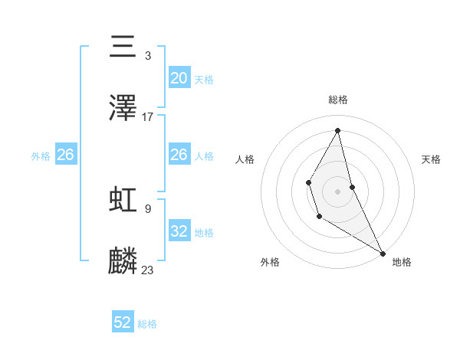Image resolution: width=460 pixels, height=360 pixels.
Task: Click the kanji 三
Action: point(123,47)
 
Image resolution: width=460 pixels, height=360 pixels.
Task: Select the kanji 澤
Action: point(123,108)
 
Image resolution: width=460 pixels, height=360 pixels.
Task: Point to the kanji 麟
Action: point(123,260)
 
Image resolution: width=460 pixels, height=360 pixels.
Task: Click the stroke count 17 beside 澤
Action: point(148,117)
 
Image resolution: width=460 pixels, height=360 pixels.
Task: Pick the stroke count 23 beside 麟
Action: point(148,270)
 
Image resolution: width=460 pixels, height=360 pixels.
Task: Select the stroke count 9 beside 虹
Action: point(148,208)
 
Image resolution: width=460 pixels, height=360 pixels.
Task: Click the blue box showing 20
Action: point(179,78)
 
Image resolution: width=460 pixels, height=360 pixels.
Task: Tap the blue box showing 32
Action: point(179,231)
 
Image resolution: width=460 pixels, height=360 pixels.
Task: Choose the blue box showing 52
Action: point(123,322)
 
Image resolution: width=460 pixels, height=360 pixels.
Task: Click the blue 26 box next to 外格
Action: point(65,155)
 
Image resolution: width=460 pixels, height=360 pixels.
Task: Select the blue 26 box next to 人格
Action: point(179,155)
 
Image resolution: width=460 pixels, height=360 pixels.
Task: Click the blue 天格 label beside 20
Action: point(204,79)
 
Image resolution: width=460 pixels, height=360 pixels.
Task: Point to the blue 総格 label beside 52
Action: point(147,324)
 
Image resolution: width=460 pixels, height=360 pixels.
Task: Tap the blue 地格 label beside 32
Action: point(204,232)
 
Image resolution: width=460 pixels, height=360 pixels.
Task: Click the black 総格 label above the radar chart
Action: point(338,100)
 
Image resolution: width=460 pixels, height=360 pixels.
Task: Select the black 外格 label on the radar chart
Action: point(269,262)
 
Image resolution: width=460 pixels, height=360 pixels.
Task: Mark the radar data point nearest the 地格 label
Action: point(383,253)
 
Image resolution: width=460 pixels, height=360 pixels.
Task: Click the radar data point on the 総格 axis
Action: point(338,129)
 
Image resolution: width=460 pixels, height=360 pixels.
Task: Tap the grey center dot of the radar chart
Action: point(338,191)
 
